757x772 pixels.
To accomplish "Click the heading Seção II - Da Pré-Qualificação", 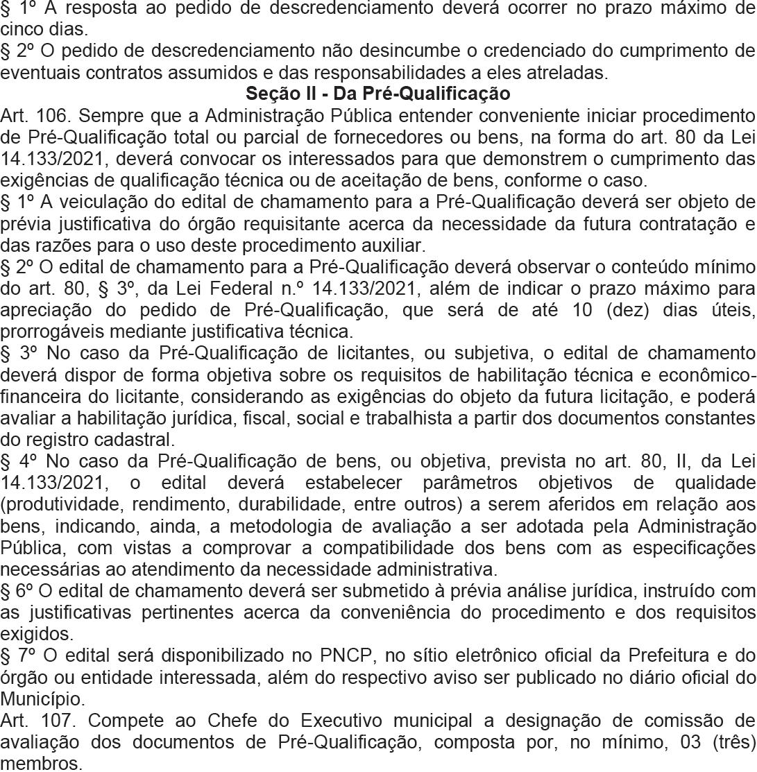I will (378, 93).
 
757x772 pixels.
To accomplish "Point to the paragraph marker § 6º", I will (16, 591).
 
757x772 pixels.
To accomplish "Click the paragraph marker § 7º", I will (16, 654).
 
